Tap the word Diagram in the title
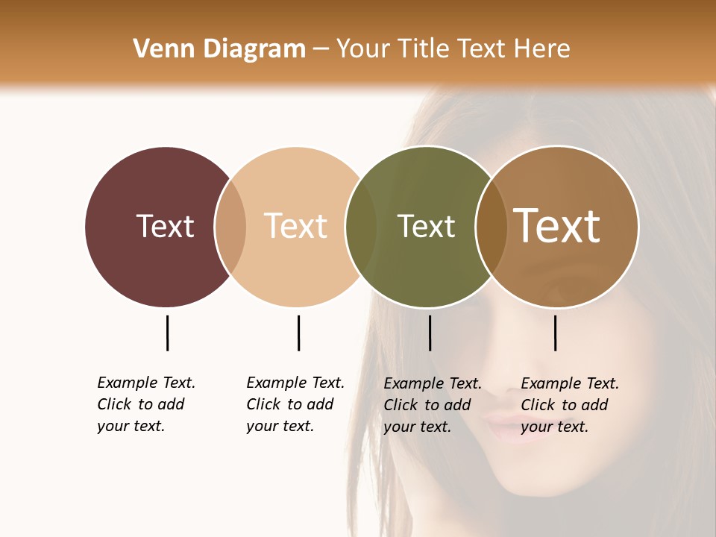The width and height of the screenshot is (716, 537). pos(254,49)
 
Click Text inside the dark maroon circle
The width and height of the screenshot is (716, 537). pos(165,226)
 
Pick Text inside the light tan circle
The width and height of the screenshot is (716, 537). pos(296,226)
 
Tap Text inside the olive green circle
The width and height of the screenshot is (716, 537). pos(426,226)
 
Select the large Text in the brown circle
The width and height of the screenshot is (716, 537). pos(557,226)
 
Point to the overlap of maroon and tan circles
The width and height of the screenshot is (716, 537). pos(230,227)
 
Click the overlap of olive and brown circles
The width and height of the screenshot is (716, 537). pos(492,227)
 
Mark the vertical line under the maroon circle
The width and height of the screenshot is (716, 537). pos(167,333)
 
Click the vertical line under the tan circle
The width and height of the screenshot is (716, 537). pos(298,333)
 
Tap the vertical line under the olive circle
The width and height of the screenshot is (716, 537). pos(430,333)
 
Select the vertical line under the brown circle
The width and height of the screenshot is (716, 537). pos(555,333)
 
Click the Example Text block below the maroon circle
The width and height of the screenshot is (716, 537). pos(145,404)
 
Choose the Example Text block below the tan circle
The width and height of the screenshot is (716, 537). pos(295,404)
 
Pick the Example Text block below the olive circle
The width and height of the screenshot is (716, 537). pos(432,405)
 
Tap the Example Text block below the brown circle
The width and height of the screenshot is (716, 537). pos(569,405)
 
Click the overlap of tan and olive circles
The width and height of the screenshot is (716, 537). pos(361,227)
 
